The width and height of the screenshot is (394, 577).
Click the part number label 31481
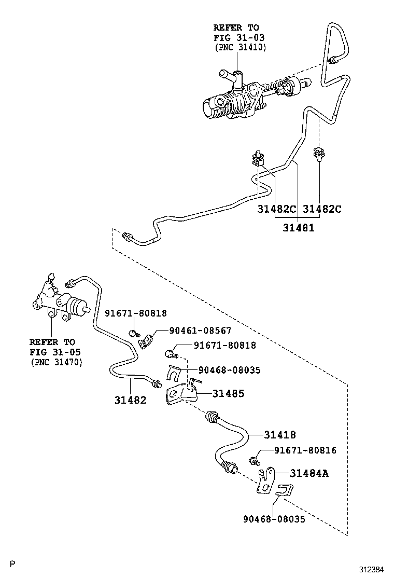coord(298,227)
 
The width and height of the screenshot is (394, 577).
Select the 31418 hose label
coord(279,435)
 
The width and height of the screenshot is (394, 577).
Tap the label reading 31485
coord(228,394)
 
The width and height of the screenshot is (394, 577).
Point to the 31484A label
coord(309,473)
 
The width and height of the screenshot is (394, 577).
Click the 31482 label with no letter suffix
coord(130,400)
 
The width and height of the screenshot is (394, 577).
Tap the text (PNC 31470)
coord(55,362)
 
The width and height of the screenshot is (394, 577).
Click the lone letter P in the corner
coord(12,564)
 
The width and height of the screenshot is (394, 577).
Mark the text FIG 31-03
coord(236,37)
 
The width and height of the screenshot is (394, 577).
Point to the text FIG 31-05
coord(52,352)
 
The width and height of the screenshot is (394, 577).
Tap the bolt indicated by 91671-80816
coord(254,459)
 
